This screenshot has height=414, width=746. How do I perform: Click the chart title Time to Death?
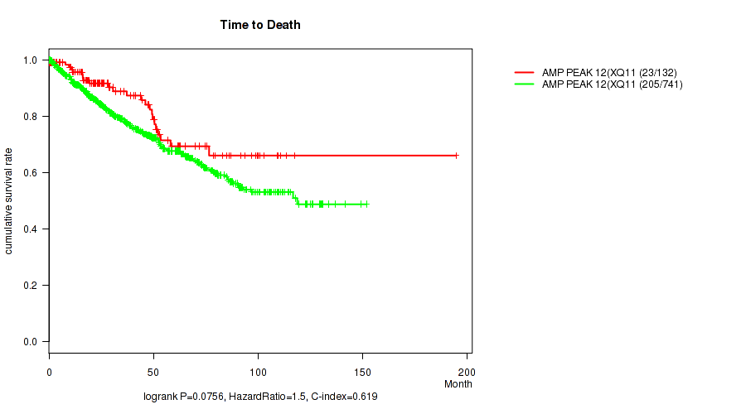point(260,25)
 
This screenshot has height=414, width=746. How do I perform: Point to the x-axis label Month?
point(458,384)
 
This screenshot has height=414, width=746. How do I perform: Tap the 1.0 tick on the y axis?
point(31,60)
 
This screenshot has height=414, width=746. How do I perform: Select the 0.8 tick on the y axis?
point(31,117)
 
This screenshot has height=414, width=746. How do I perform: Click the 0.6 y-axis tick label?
point(31,173)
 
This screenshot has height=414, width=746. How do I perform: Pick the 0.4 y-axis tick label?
point(31,229)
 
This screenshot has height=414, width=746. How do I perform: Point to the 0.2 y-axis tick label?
point(31,286)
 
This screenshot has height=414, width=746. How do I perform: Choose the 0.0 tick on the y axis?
point(31,342)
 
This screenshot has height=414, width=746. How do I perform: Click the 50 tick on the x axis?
point(153,370)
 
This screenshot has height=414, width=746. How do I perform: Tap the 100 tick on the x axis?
point(258,370)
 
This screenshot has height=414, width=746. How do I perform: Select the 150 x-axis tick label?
point(362,370)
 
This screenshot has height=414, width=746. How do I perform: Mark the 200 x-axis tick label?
point(467,370)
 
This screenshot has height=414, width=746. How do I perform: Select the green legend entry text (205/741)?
point(613,84)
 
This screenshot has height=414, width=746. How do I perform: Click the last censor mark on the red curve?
point(456,156)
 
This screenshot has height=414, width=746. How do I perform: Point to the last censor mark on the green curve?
point(366,204)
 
